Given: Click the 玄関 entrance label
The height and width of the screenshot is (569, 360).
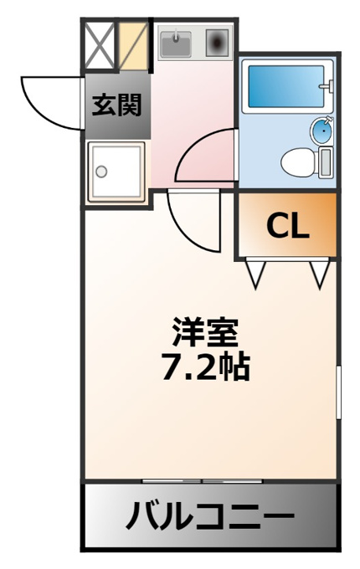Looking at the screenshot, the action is click(x=116, y=105).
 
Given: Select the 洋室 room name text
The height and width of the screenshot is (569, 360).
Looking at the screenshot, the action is click(x=206, y=332).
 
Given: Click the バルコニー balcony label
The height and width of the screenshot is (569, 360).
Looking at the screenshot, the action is click(x=210, y=515).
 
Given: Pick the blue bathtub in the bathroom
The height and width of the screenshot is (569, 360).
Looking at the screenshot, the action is click(x=286, y=86).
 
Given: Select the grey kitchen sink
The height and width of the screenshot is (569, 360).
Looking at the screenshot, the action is click(x=176, y=44).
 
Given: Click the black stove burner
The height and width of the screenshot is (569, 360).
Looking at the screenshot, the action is click(x=217, y=43).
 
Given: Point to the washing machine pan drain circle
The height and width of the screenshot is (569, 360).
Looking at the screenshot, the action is click(x=101, y=171).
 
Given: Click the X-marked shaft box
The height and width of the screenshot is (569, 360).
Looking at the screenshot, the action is click(x=100, y=45).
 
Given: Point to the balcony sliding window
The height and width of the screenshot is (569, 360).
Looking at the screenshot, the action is click(x=202, y=481).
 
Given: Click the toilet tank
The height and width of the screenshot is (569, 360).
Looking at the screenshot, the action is click(x=326, y=162).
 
